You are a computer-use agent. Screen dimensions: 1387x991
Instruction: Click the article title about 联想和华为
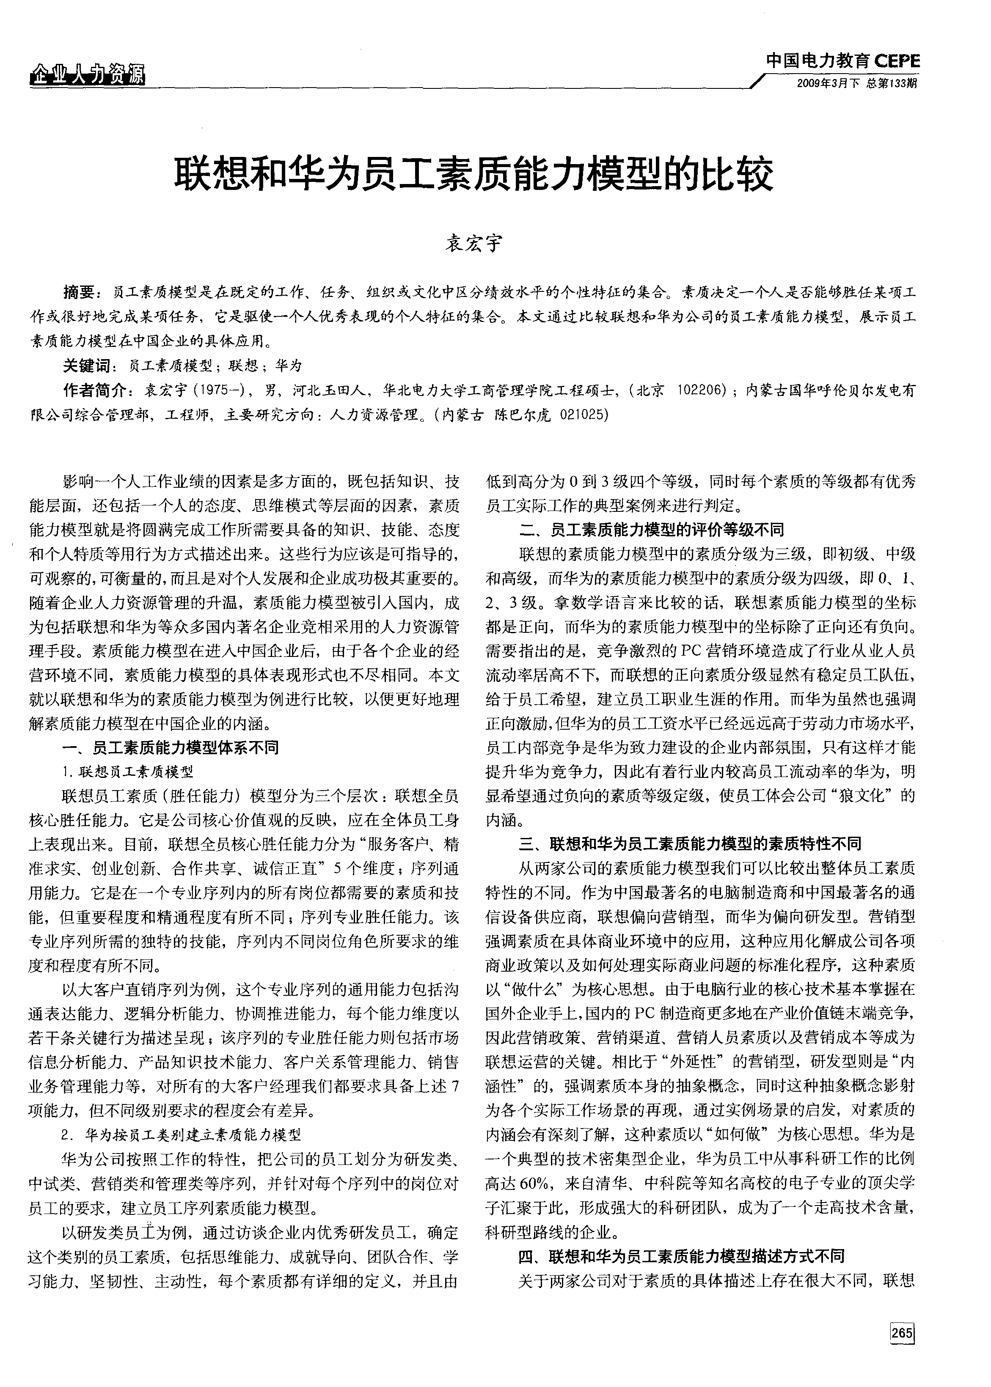(474, 175)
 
